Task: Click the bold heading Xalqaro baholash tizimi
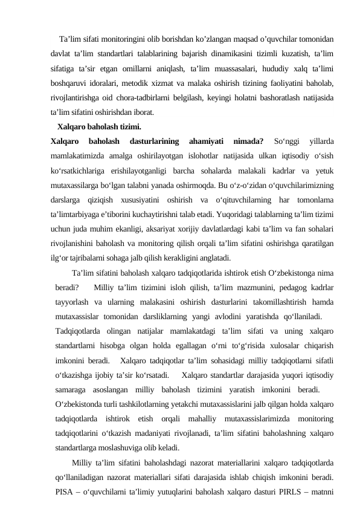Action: pos(99,127)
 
